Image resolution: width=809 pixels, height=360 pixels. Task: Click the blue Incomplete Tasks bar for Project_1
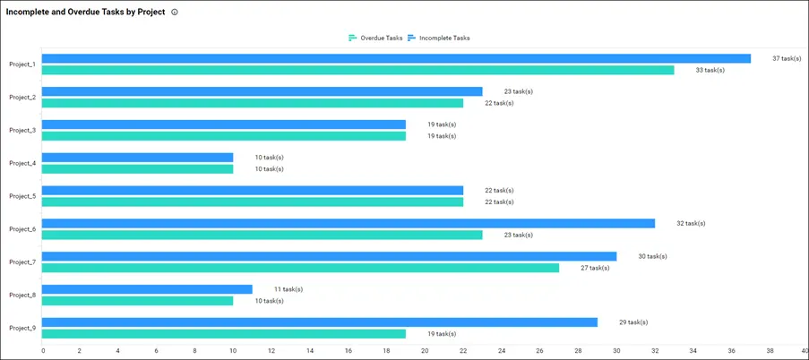pyautogui.click(x=396, y=58)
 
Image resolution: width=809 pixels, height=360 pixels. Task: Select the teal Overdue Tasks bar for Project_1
pyautogui.click(x=357, y=70)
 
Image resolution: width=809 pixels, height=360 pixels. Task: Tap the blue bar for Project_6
pyautogui.click(x=349, y=223)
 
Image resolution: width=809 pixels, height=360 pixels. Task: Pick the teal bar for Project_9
pyautogui.click(x=224, y=333)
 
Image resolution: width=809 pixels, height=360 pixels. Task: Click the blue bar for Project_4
pyautogui.click(x=138, y=158)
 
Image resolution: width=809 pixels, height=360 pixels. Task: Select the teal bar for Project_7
pyautogui.click(x=300, y=268)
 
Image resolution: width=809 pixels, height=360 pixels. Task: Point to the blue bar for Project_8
pyautogui.click(x=147, y=289)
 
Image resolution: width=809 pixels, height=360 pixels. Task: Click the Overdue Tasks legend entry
pyautogui.click(x=376, y=38)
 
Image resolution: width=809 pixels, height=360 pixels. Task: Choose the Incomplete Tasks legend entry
pyautogui.click(x=439, y=38)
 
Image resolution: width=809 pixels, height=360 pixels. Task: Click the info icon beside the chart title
pyautogui.click(x=174, y=13)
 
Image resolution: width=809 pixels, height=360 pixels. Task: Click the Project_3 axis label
pyautogui.click(x=22, y=130)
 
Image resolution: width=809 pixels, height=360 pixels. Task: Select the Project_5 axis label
pyautogui.click(x=22, y=196)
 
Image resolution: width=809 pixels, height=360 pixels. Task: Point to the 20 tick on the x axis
pyautogui.click(x=425, y=351)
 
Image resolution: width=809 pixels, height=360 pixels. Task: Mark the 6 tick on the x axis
pyautogui.click(x=157, y=351)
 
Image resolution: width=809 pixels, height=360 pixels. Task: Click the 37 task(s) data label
pyautogui.click(x=787, y=58)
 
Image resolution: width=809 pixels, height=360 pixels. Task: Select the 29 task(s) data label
pyautogui.click(x=633, y=321)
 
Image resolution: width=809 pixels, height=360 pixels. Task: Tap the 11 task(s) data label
pyautogui.click(x=288, y=289)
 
